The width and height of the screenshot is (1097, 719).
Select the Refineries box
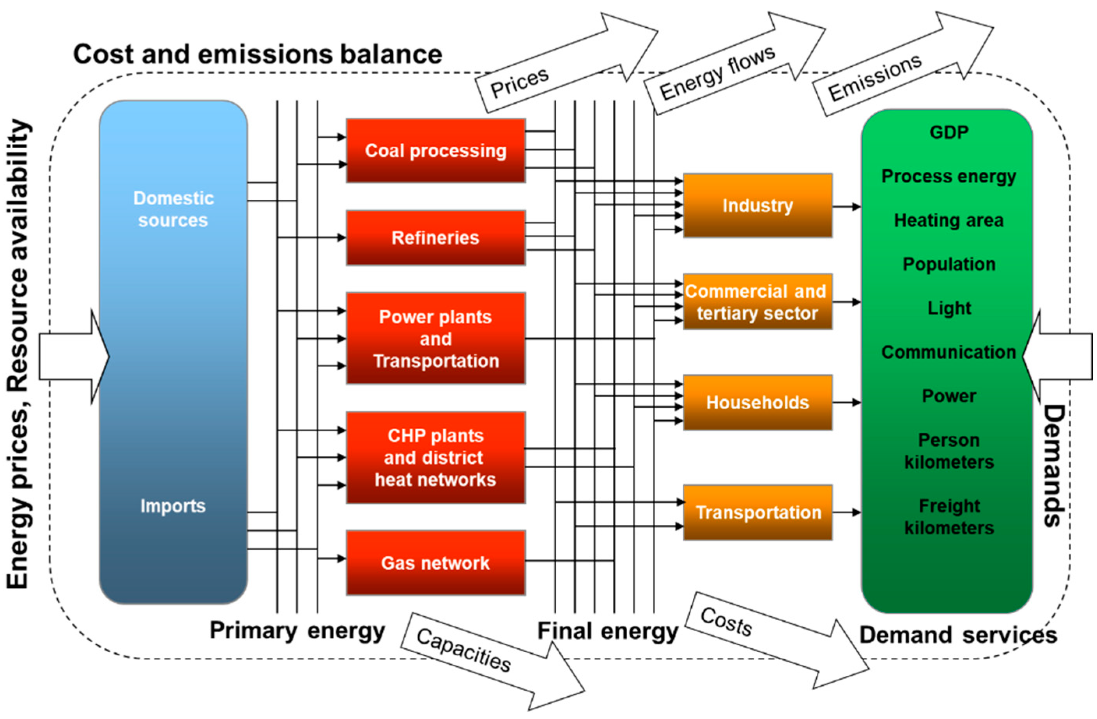coord(435,238)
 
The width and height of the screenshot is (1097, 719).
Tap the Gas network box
coord(435,563)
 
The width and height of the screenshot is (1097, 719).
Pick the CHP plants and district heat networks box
coord(435,458)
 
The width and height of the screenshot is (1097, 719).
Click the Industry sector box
coord(757,206)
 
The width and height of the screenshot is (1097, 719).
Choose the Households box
coord(757,403)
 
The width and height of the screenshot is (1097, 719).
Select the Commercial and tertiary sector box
coord(757,302)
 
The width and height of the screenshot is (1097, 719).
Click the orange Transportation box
coord(757,512)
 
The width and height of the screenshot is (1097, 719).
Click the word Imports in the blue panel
coord(173,506)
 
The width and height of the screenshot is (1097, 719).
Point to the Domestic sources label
coord(173,209)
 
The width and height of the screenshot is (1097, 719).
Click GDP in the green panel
coord(948,132)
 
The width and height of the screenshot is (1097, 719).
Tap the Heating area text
coord(948,220)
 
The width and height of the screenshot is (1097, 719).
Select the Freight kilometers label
coord(948,517)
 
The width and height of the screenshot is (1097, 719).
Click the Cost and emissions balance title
coord(257,54)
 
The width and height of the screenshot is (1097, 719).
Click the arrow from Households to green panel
coord(846,403)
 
